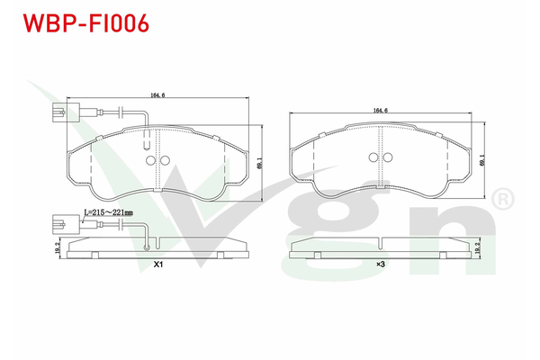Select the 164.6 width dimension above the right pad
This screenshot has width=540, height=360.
(380, 111)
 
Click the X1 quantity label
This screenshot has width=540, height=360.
(158, 265)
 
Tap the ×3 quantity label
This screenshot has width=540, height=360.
(381, 265)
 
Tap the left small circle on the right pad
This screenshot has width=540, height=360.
(373, 157)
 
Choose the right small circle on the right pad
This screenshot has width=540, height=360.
(387, 157)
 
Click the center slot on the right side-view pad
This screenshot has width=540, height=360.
(381, 242)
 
